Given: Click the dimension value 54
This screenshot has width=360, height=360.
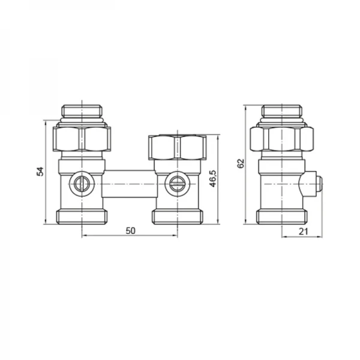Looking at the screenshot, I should click(40, 171).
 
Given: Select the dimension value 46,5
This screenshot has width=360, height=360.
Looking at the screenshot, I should click(213, 179).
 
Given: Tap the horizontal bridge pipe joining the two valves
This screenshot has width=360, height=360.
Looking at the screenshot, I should click(129, 185).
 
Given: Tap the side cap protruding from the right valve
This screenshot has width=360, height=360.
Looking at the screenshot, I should click(314, 184).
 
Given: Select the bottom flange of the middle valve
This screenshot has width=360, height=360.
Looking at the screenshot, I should click(178, 216).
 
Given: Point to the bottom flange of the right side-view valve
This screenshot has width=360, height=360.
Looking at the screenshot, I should click(282, 216).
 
